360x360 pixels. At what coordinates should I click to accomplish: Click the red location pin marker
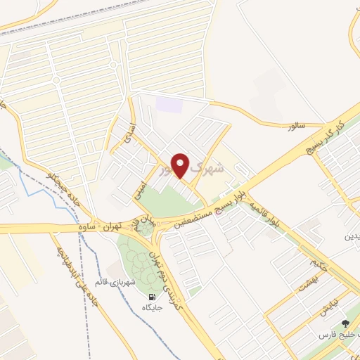(180, 166)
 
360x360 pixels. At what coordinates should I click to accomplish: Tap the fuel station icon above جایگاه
(153, 297)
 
